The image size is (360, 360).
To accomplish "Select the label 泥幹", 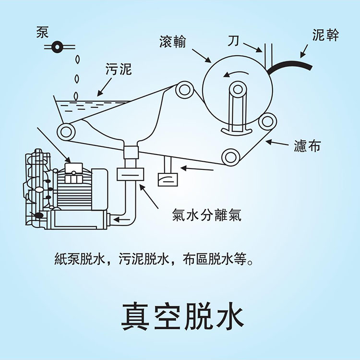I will tap(325, 36).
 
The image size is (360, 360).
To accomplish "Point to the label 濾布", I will tap(307, 146).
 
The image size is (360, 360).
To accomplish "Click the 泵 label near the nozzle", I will tap(42, 32).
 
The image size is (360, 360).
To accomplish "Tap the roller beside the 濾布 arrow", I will tap(266, 121).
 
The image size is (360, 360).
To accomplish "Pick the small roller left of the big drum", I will tap(183, 89).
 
